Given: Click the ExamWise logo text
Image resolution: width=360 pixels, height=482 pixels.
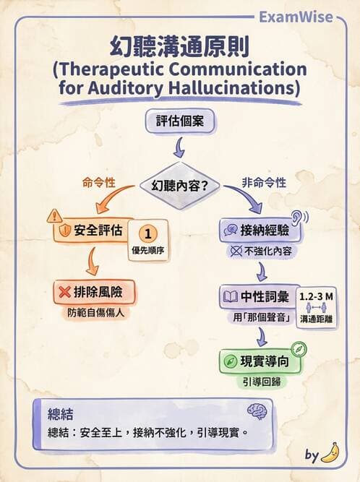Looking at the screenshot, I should click(304, 16).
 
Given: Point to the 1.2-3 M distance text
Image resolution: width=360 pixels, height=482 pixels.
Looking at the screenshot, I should click(317, 297).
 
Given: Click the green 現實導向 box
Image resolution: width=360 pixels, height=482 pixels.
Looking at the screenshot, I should click(260, 359).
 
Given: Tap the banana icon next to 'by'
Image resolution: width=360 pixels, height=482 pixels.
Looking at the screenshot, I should click(331, 453).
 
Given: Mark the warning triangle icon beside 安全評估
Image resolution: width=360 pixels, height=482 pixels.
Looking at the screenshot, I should click(54, 215).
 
